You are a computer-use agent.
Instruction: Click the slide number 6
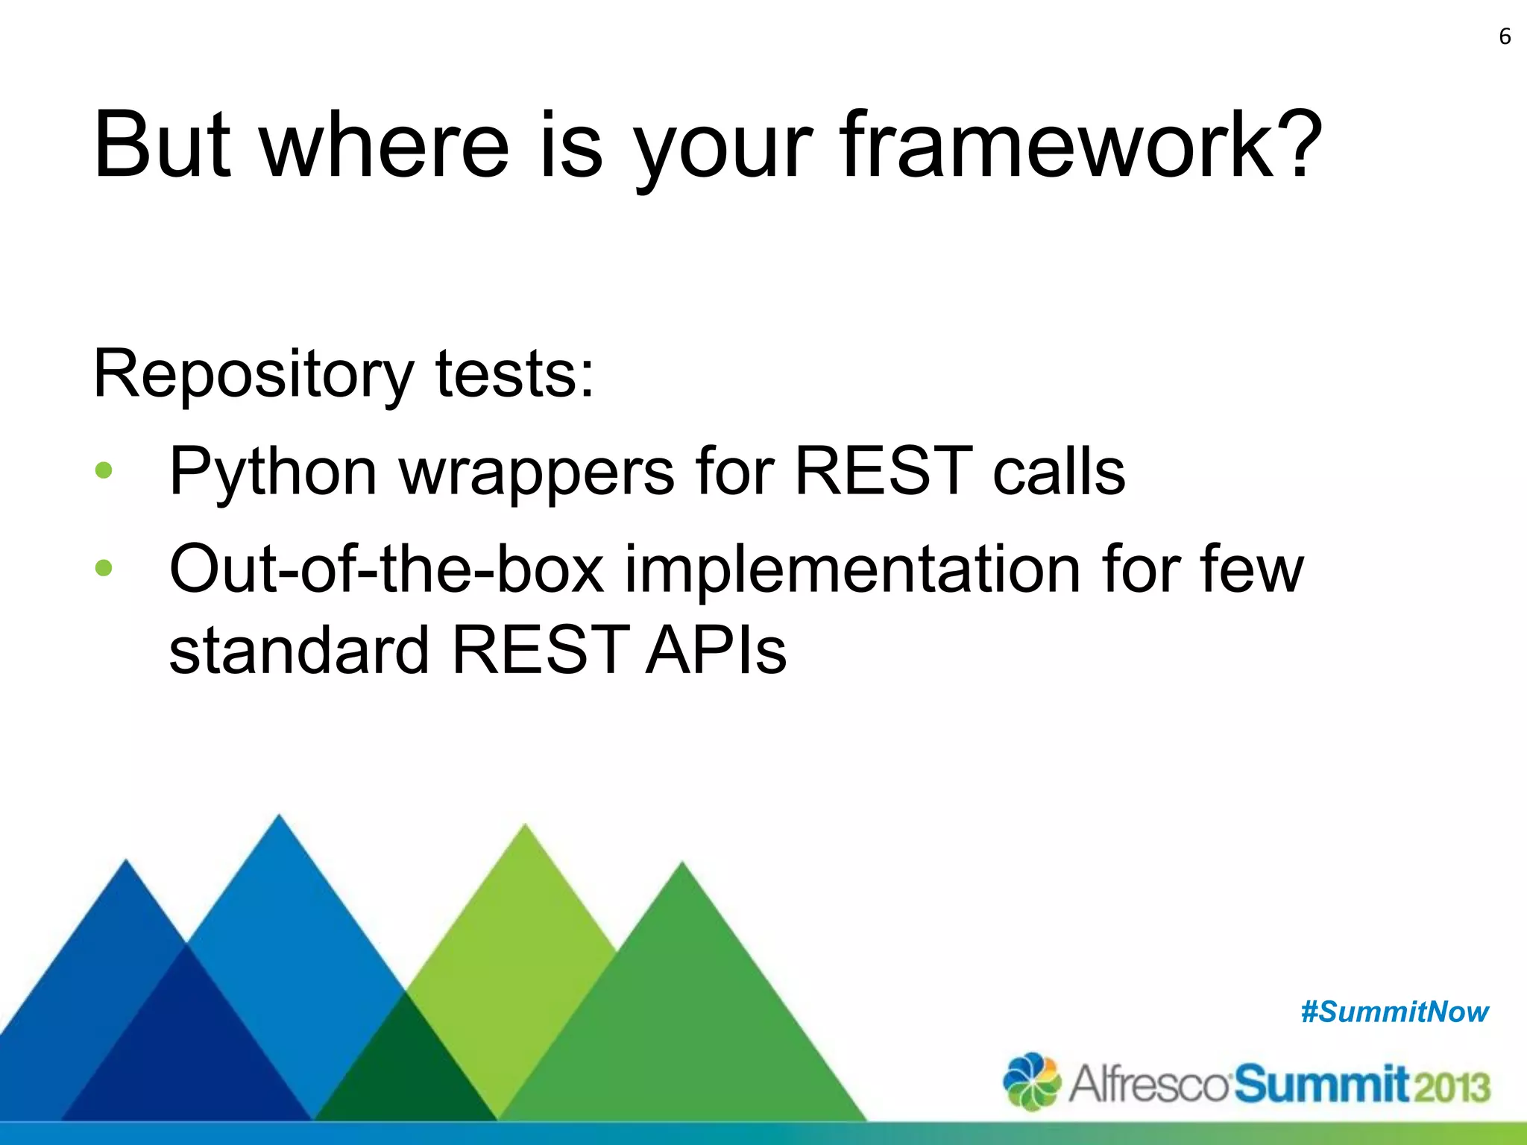1505,37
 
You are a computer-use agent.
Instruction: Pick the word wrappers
537,473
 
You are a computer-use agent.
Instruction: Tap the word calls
1058,471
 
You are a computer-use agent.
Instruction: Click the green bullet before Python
104,470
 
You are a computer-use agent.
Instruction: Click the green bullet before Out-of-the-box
104,568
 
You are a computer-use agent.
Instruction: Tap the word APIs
716,650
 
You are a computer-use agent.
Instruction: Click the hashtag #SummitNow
1394,1012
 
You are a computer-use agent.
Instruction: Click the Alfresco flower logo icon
1031,1081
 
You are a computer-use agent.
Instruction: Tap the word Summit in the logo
1321,1084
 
